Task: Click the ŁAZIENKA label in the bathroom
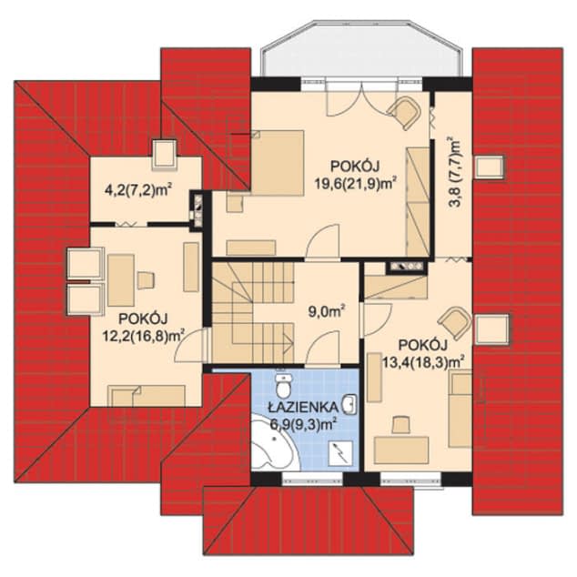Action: coord(303,407)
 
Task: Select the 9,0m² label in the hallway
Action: coord(327,312)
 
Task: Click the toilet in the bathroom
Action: coord(283,386)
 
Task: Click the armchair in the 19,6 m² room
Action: coord(404,113)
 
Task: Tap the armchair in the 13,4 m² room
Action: coord(455,323)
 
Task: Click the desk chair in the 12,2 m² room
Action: coord(147,280)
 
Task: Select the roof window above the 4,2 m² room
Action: coord(164,154)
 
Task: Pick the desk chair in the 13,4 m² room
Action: coord(401,425)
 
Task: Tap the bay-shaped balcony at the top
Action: coord(361,50)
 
